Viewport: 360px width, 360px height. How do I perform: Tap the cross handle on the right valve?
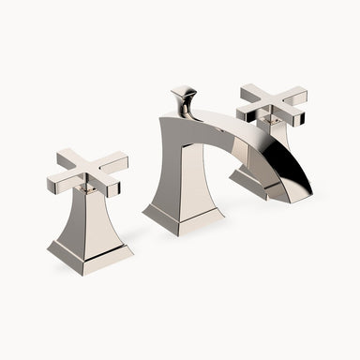[273, 104]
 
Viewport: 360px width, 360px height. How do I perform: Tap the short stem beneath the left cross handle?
[88, 189]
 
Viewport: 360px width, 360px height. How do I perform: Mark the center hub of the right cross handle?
[273, 103]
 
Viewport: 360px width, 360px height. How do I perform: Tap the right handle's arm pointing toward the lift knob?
[251, 93]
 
